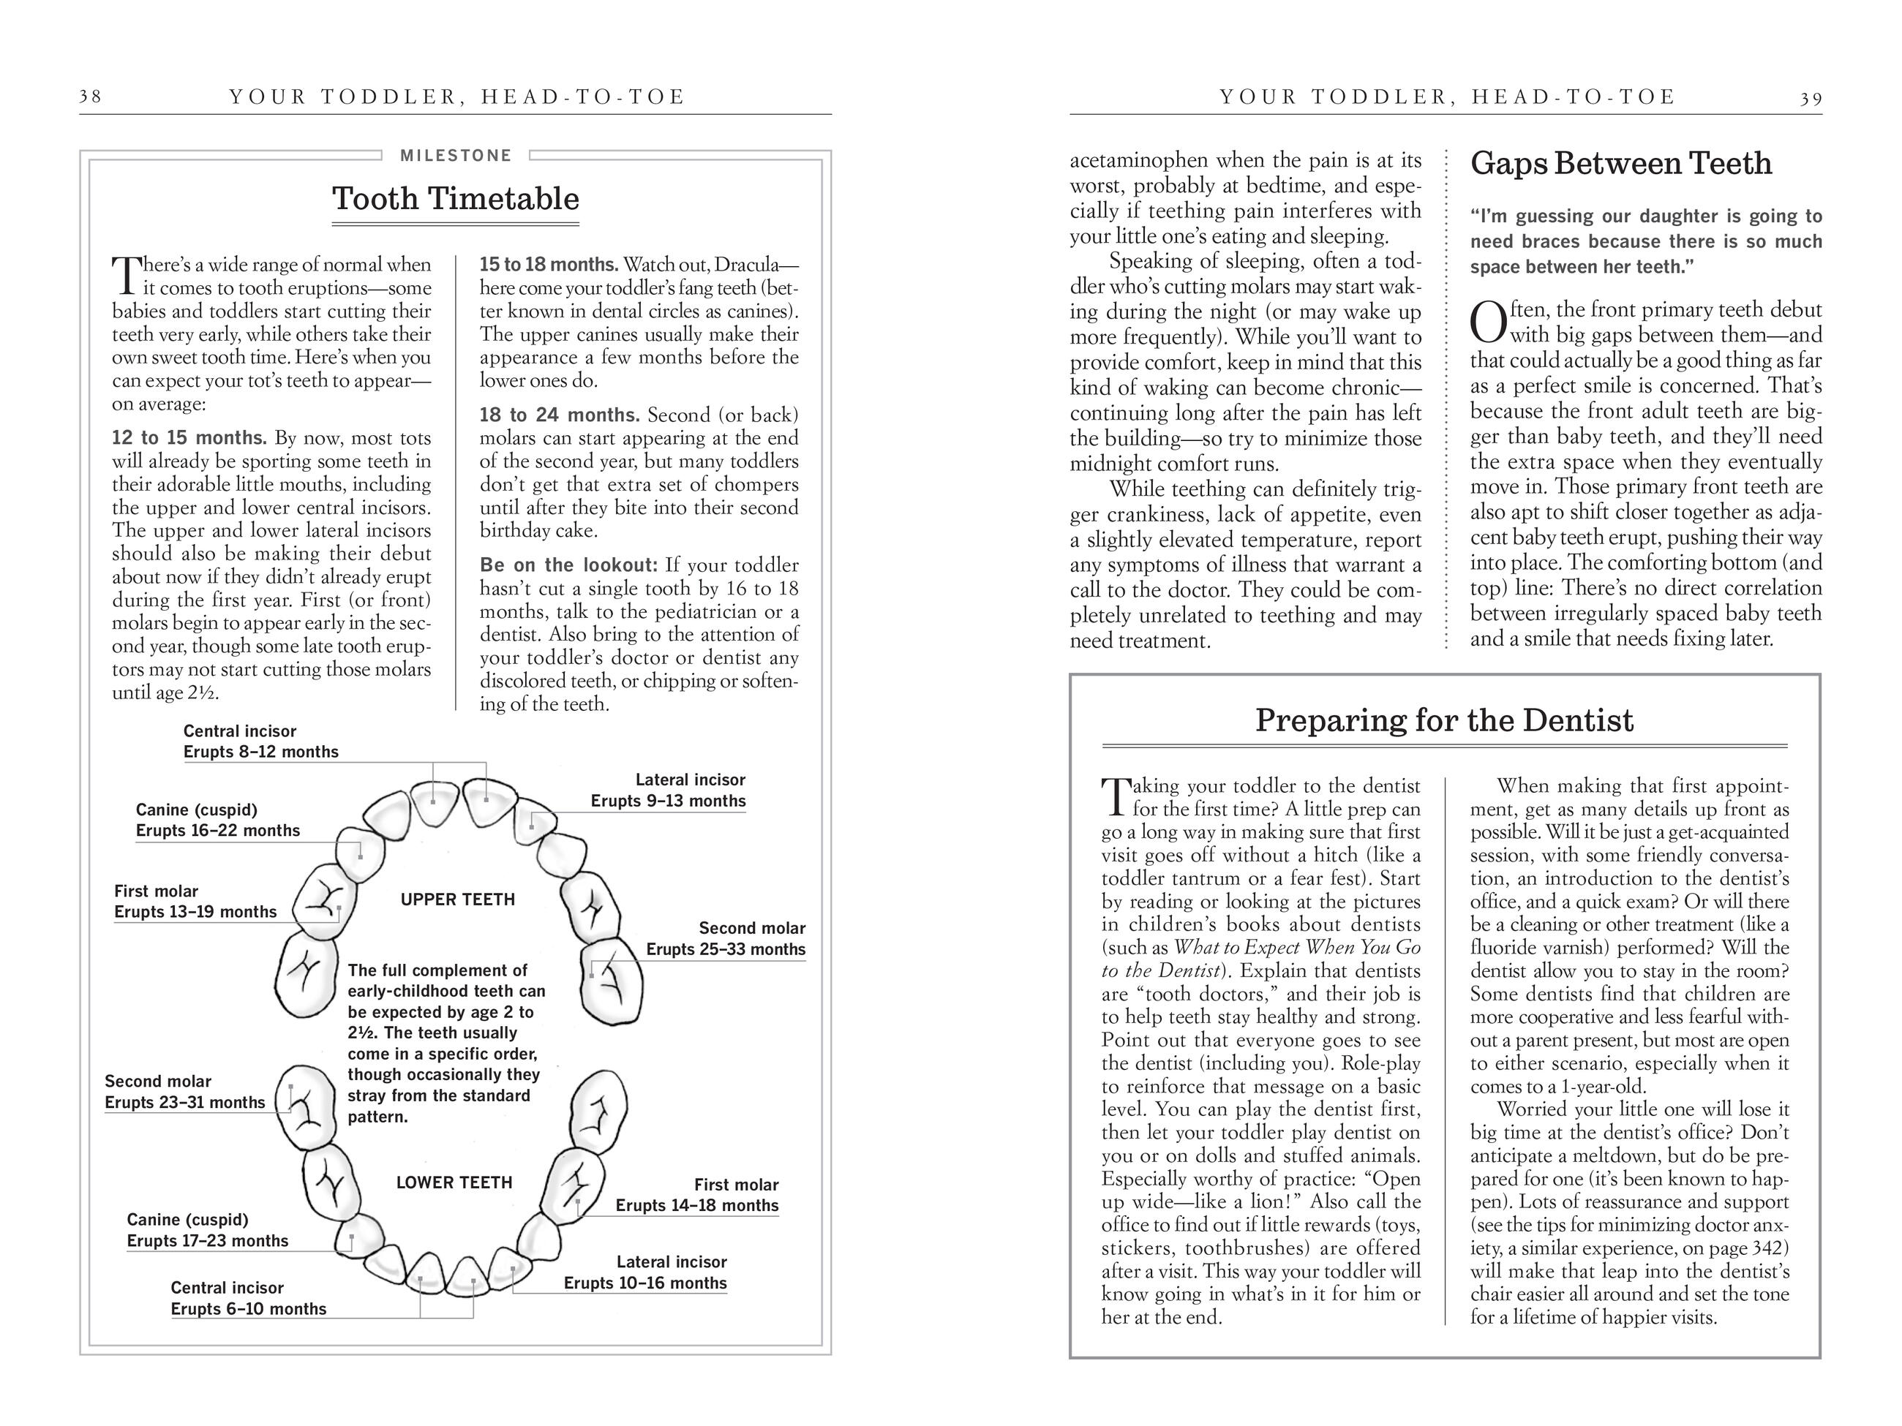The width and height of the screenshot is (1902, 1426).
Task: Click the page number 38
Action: coord(90,97)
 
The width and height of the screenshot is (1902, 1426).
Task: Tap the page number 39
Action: coord(1811,98)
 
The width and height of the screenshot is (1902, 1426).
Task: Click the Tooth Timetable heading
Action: coord(456,199)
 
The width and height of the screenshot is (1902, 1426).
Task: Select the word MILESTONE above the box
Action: coord(456,156)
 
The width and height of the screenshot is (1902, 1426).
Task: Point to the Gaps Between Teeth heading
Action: coord(1621,163)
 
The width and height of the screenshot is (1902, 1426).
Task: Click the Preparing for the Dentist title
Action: coord(1444,720)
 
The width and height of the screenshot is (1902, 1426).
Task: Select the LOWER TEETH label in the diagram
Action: coord(454,1182)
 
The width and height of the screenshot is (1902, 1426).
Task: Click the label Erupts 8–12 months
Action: coord(260,752)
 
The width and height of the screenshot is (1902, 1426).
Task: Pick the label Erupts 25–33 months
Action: coord(726,950)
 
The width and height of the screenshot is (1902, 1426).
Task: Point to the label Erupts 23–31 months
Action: coord(185,1103)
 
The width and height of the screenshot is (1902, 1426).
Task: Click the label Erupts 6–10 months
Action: coord(249,1309)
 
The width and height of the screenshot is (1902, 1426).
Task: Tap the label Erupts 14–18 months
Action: coord(696,1206)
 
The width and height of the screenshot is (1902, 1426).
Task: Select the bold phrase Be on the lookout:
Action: coord(568,565)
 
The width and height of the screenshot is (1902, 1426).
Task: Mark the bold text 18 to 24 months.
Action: coord(559,415)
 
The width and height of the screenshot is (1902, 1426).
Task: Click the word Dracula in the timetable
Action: coord(745,265)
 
